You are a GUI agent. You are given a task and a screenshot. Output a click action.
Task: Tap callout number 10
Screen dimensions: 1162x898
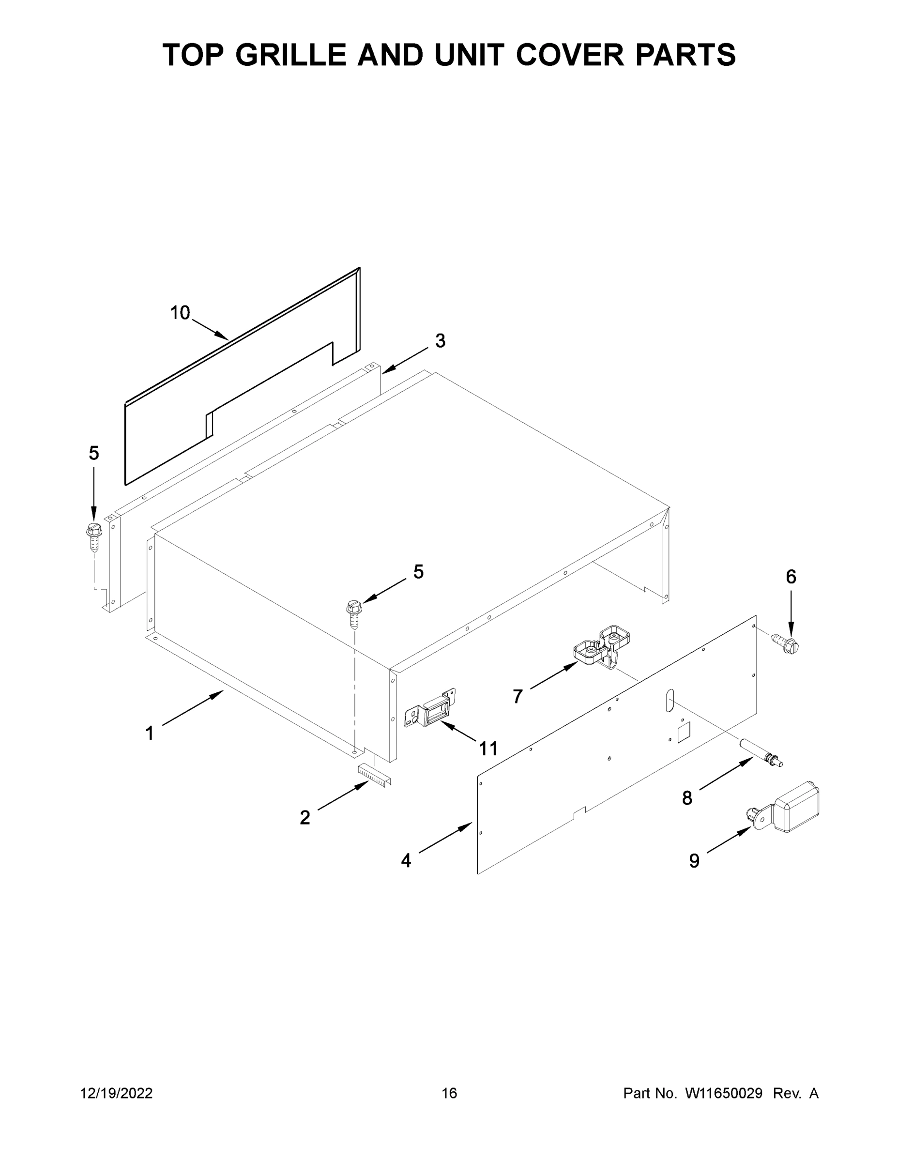tap(180, 313)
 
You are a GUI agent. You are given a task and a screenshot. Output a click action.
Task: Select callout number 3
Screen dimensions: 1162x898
tap(440, 340)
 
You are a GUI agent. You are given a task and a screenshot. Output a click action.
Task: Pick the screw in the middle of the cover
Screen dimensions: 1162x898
tap(354, 612)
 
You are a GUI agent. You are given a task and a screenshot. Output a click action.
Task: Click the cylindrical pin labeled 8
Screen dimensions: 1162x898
tap(760, 755)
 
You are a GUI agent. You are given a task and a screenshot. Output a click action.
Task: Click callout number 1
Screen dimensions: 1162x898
tap(150, 733)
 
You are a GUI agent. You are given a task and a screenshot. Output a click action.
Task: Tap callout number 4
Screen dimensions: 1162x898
tap(406, 860)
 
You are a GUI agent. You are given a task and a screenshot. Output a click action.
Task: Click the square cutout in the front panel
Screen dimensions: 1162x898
tap(683, 732)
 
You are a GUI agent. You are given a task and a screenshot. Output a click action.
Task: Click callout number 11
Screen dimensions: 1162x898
tap(488, 749)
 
